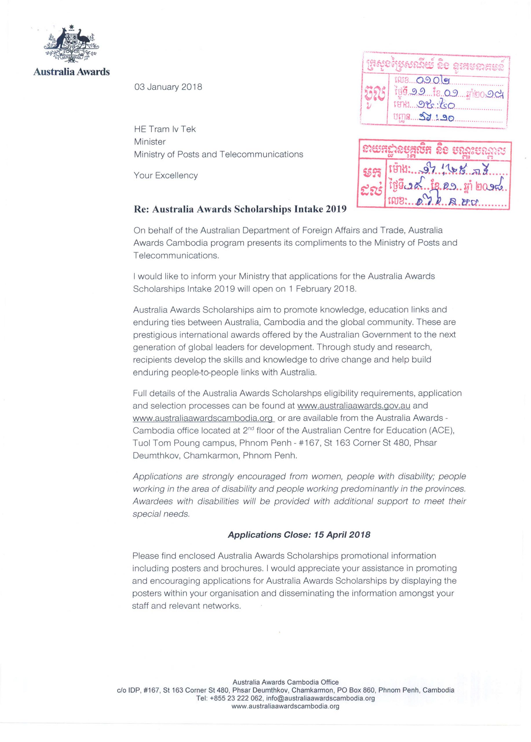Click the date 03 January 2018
point(168,87)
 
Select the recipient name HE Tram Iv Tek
point(165,129)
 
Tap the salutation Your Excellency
point(166,176)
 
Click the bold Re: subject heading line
point(240,209)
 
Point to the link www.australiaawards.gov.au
point(353,406)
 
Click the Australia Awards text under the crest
point(72,72)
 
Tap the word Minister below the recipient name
point(150,142)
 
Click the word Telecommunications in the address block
point(261,154)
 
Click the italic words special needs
point(161,514)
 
